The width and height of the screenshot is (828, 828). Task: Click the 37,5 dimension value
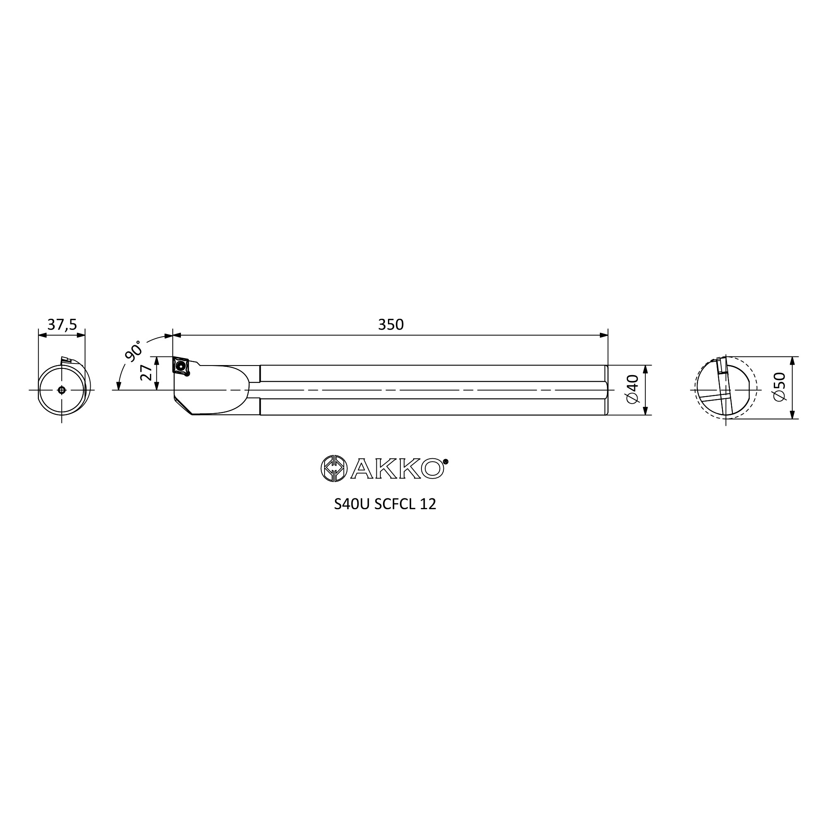pos(62,325)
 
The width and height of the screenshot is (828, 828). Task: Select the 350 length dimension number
pos(390,325)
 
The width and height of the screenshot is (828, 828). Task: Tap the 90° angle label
pos(133,351)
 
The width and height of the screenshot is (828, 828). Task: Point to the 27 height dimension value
pos(146,373)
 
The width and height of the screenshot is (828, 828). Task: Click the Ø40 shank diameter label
pos(633,389)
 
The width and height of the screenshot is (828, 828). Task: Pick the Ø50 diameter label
pos(780,387)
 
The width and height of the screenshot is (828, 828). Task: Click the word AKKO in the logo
pos(397,469)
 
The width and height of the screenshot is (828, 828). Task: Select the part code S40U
pos(351,504)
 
